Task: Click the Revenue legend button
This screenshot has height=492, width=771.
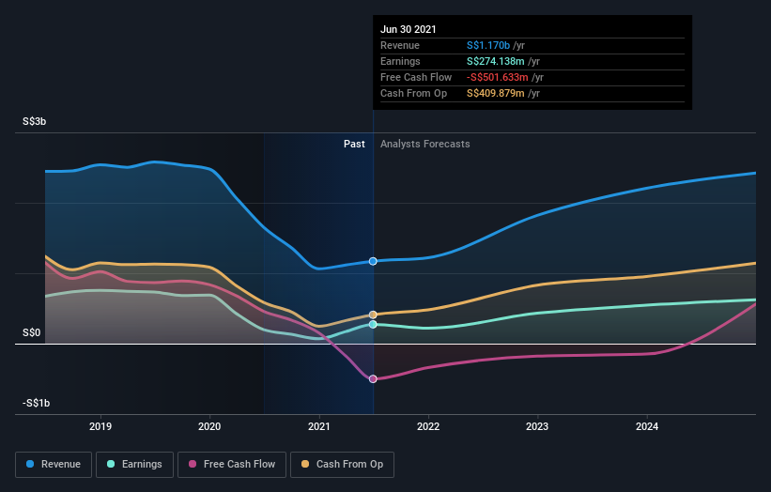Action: click(54, 464)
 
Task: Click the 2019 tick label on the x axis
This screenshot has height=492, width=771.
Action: click(100, 425)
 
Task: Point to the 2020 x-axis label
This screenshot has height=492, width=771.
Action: click(210, 425)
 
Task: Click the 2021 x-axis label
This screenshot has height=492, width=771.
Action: click(319, 425)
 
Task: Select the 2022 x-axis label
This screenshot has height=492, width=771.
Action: click(428, 425)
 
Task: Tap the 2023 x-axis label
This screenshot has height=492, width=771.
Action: click(538, 425)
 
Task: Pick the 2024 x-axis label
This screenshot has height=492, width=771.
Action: click(647, 425)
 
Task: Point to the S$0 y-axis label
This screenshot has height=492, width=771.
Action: click(33, 332)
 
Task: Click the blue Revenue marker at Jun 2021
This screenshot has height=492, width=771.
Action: click(373, 261)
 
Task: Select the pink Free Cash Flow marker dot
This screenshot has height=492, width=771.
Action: click(373, 379)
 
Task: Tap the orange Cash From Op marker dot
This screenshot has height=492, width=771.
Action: click(373, 315)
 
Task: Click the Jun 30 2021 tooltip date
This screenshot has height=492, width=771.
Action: click(409, 28)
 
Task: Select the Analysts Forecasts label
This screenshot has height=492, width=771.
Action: click(425, 144)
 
